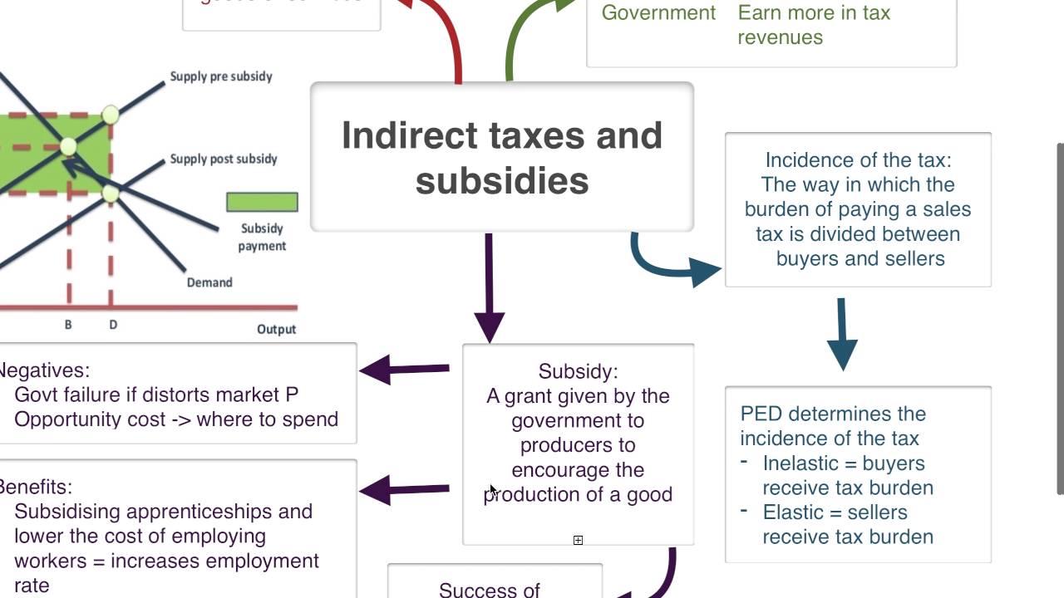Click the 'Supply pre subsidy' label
(x=221, y=76)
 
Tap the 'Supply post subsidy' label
(x=224, y=159)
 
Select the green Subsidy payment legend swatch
(x=262, y=202)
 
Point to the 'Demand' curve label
(x=209, y=282)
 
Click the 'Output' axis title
(x=276, y=329)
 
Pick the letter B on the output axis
(x=68, y=325)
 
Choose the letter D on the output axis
(x=113, y=325)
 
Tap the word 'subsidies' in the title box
(x=502, y=181)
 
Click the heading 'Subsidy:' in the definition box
(x=578, y=371)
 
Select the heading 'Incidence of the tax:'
(x=858, y=159)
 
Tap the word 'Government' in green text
(x=658, y=12)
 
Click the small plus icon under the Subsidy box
(x=578, y=540)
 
